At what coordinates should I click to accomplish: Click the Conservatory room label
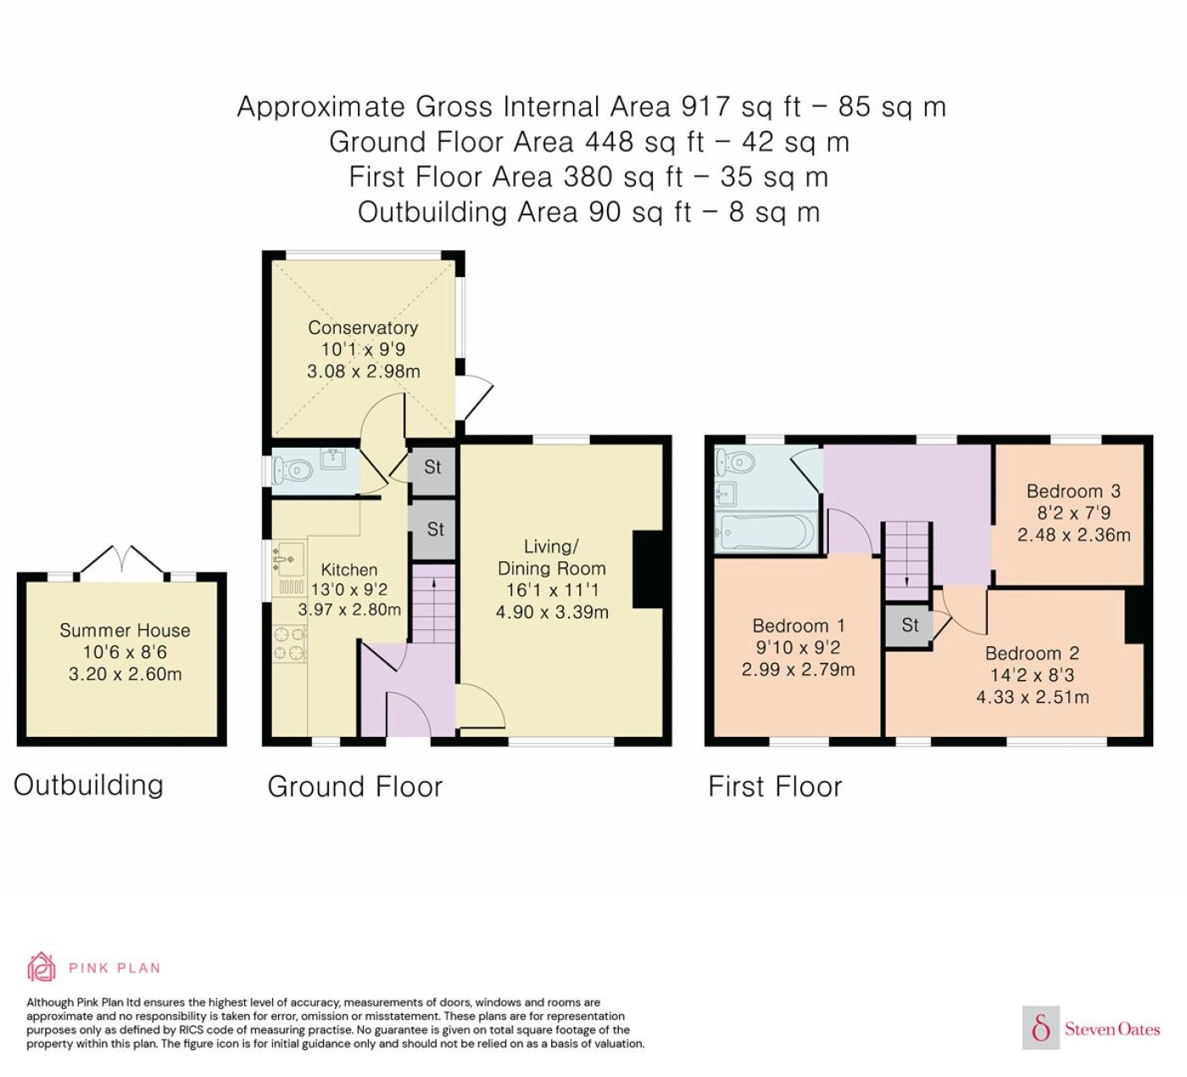tap(363, 327)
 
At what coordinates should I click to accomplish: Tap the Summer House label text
tap(125, 630)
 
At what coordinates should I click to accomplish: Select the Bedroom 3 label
tap(1073, 491)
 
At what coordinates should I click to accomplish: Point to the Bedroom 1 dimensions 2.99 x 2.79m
tap(798, 669)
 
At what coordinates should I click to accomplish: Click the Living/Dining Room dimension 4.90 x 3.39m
tap(551, 611)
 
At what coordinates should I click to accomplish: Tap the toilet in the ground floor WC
tap(293, 471)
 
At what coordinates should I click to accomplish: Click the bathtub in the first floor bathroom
tap(765, 532)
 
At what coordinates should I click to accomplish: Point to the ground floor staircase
tap(434, 603)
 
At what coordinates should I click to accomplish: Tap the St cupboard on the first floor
tap(909, 625)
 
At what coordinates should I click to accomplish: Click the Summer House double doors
tap(122, 558)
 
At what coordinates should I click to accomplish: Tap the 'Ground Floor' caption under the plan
tap(355, 787)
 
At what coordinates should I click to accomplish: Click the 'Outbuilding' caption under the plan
tap(88, 785)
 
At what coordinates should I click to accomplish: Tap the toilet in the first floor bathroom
tap(733, 462)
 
